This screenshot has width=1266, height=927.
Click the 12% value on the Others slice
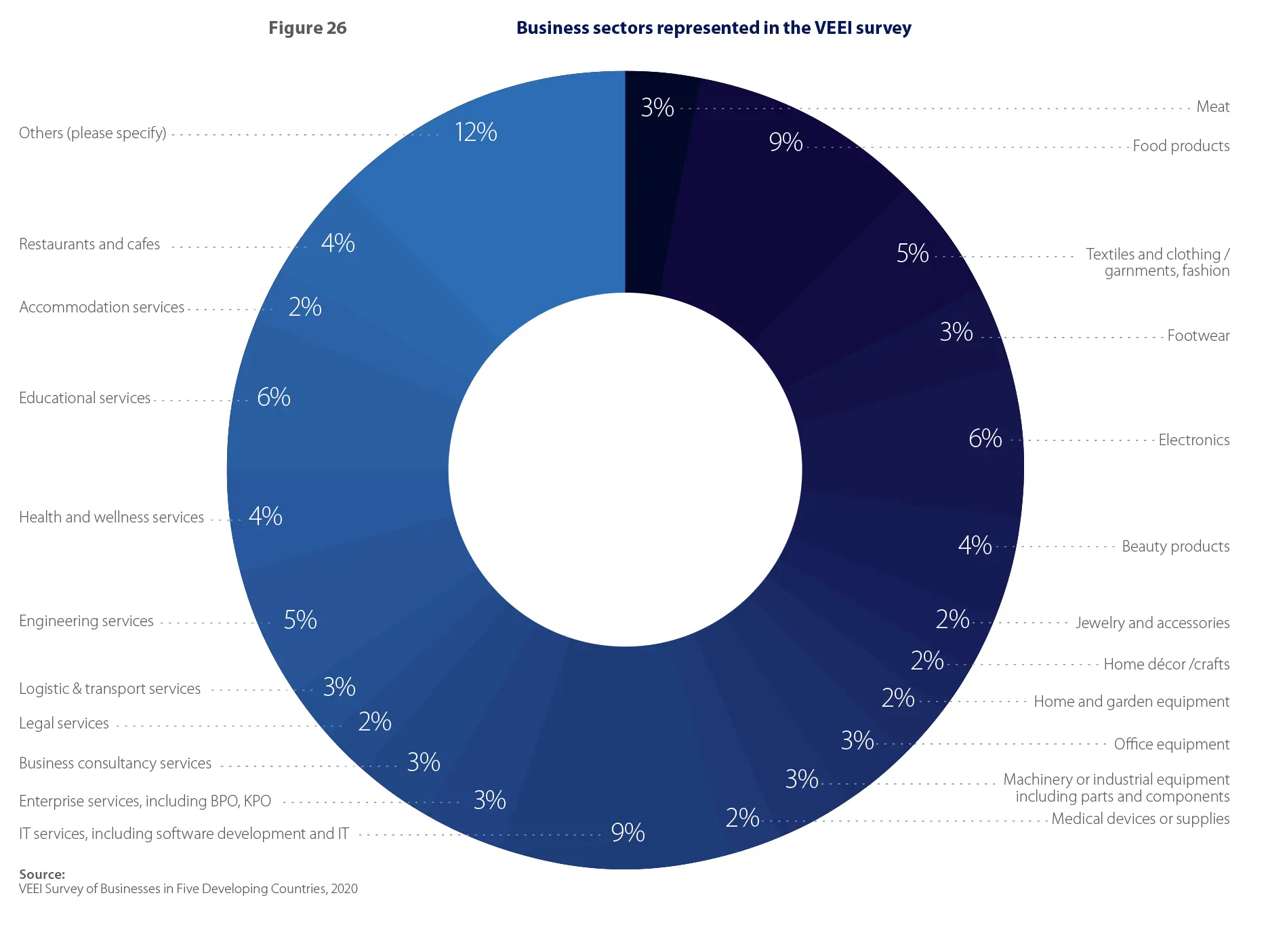(x=476, y=132)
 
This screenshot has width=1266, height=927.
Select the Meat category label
(x=1212, y=106)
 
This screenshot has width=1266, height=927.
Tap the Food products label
(x=1181, y=146)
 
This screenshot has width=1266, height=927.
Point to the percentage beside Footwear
(x=956, y=332)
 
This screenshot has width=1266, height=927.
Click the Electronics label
(x=1193, y=440)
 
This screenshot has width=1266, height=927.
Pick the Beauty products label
(x=1175, y=546)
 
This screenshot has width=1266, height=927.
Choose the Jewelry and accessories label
(x=1152, y=623)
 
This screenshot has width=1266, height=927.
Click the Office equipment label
(x=1171, y=744)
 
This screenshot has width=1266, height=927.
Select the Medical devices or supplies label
(x=1140, y=819)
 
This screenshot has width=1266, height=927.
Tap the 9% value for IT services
(x=628, y=833)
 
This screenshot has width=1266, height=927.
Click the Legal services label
(x=64, y=723)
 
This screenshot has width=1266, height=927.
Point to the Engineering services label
(x=86, y=621)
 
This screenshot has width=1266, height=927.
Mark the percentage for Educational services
(x=274, y=397)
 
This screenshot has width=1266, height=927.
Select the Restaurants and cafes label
(x=89, y=244)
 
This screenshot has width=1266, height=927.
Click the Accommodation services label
(x=102, y=307)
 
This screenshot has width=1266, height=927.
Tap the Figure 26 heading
(x=307, y=28)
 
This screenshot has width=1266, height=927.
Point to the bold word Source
(x=42, y=874)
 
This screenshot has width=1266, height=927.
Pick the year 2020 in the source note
(x=344, y=889)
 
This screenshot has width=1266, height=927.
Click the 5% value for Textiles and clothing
(x=912, y=253)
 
